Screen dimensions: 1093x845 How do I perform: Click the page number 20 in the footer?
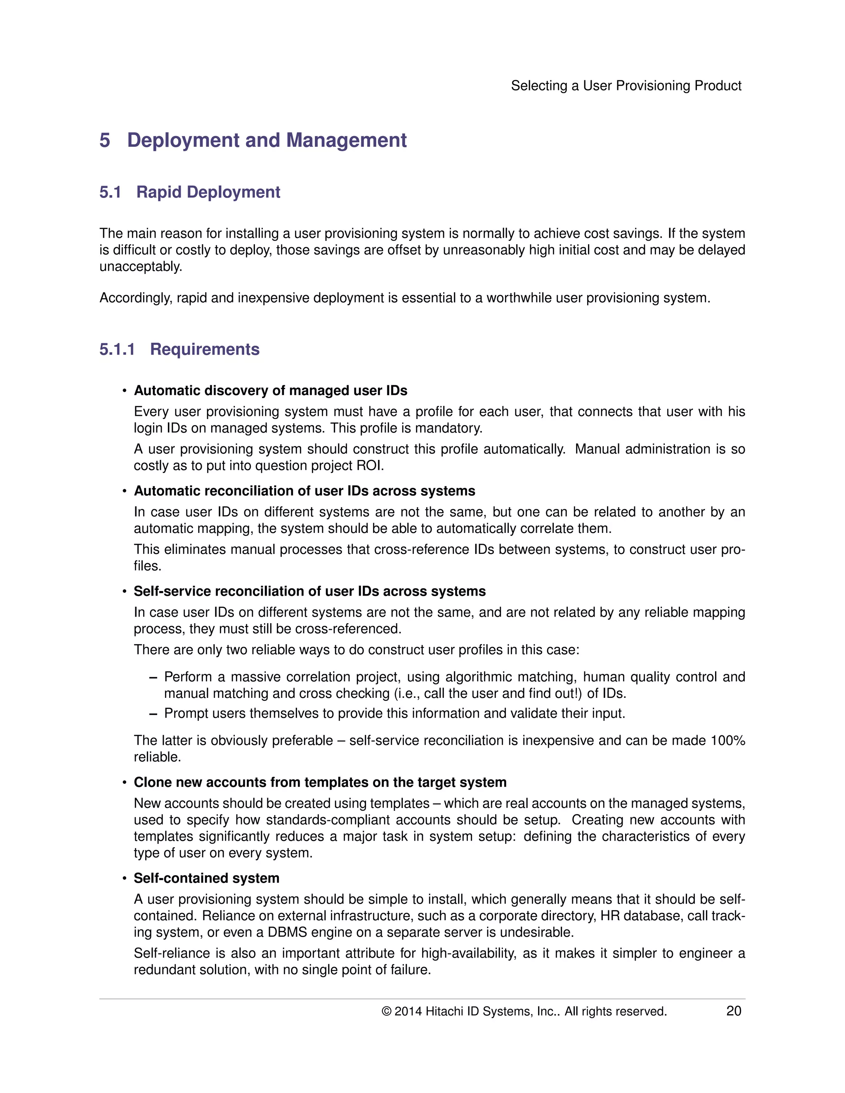[733, 1011]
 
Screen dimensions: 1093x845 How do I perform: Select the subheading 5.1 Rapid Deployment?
[190, 192]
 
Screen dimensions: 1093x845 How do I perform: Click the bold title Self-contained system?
[206, 878]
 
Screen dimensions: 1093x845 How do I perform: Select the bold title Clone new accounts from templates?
[320, 782]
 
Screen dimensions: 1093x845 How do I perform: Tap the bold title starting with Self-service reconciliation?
[309, 591]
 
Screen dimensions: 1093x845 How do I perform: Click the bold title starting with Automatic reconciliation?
[304, 491]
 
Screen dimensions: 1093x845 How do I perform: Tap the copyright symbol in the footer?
[386, 1011]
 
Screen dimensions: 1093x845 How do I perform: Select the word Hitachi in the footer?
[444, 1011]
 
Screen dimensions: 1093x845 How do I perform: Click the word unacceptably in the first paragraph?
[140, 267]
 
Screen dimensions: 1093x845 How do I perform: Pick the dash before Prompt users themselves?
[153, 713]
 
